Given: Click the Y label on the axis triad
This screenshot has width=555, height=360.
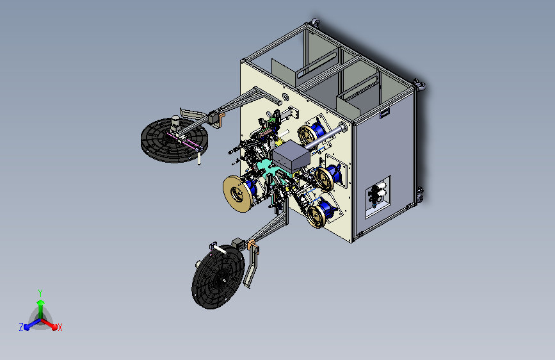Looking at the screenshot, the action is [x=40, y=293].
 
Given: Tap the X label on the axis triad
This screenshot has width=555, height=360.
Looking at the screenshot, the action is [x=60, y=328].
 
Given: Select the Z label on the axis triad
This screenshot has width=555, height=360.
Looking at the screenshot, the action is [x=21, y=327].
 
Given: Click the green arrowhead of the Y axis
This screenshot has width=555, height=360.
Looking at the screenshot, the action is [x=41, y=303].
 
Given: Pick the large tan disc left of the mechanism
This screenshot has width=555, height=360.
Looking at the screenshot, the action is [x=238, y=193].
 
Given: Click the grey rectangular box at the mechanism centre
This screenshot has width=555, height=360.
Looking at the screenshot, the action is [x=291, y=156].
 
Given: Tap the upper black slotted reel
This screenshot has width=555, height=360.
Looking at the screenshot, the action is [x=174, y=140].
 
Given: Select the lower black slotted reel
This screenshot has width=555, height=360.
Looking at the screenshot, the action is [x=218, y=276].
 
